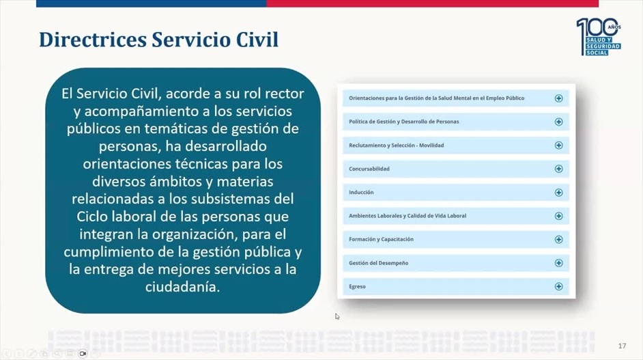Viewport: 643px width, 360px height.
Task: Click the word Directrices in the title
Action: click(93, 40)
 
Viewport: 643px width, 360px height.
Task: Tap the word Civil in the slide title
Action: click(257, 40)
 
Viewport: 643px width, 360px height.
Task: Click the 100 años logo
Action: click(599, 37)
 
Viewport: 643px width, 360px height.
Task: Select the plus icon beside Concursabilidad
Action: click(558, 169)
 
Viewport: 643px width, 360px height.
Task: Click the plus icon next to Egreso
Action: click(558, 286)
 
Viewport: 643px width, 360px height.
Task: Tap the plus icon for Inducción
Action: click(558, 193)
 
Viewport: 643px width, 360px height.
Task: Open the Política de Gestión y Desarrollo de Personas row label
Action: click(404, 122)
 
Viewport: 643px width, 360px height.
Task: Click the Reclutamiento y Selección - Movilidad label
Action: click(396, 146)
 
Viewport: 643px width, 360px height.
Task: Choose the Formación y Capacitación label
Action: click(381, 239)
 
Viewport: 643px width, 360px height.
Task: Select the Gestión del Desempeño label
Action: click(379, 263)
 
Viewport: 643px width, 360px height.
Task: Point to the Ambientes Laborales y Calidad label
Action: click(408, 216)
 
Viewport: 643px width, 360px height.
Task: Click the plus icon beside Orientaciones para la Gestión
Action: click(558, 98)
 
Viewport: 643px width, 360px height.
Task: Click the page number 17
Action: click(622, 346)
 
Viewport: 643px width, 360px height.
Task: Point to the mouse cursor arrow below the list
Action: click(337, 316)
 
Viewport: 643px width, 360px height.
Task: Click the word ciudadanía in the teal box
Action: click(182, 286)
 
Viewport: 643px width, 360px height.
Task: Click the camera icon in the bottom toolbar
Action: click(83, 353)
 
